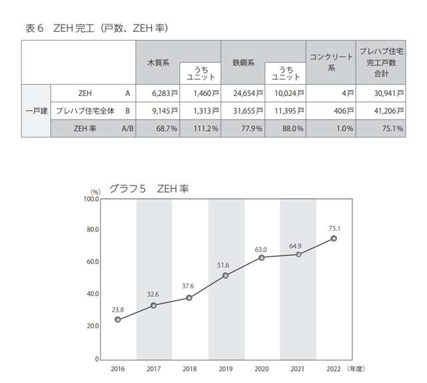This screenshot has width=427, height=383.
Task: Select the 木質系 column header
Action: click(x=158, y=62)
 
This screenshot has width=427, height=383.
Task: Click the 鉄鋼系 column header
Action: click(x=243, y=62)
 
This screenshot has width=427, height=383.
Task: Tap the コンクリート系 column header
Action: click(x=330, y=62)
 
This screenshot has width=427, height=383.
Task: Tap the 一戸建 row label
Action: click(x=35, y=111)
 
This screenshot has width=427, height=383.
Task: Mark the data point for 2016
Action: click(x=118, y=320)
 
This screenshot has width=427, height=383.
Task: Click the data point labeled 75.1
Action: click(x=334, y=238)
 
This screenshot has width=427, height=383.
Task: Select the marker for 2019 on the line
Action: click(x=226, y=275)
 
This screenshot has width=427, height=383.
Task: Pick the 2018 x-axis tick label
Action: click(x=189, y=368)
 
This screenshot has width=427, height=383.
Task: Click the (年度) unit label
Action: click(x=356, y=368)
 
